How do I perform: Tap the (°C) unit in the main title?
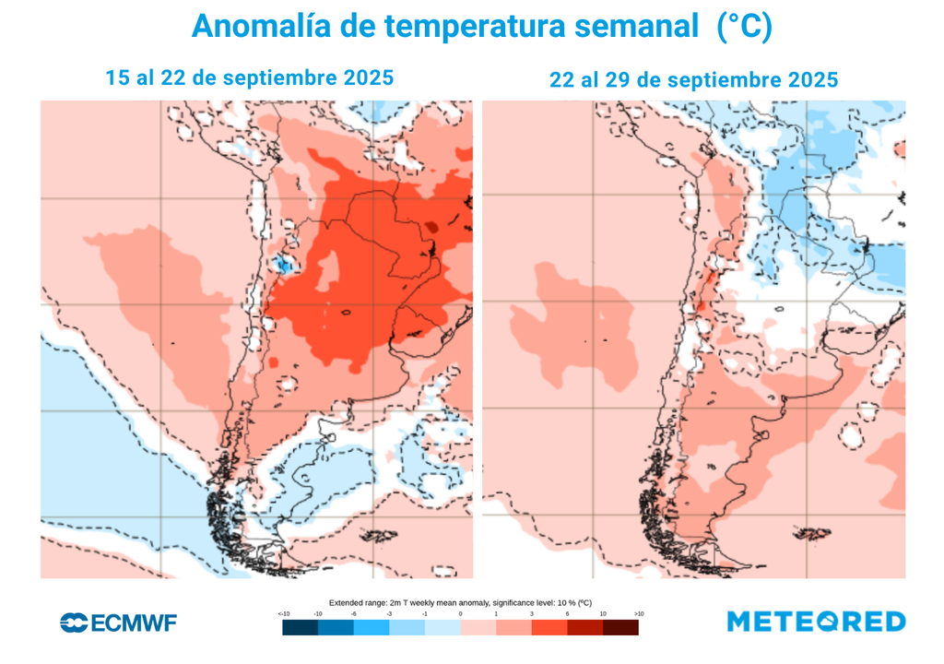tap(743, 28)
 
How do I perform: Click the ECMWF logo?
tap(118, 622)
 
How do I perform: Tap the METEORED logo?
tap(816, 622)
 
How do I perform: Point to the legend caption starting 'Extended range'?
tap(460, 601)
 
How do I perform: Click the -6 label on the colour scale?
tap(354, 613)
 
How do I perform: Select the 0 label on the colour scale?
tap(460, 613)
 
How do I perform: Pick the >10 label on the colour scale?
tap(638, 613)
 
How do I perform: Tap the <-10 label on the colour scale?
tap(284, 613)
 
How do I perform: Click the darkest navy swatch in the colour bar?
tap(301, 627)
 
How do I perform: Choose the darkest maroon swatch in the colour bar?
tap(620, 627)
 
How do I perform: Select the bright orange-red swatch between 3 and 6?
tap(549, 627)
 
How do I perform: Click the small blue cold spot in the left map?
tap(284, 266)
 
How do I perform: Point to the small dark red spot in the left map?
tap(431, 225)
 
